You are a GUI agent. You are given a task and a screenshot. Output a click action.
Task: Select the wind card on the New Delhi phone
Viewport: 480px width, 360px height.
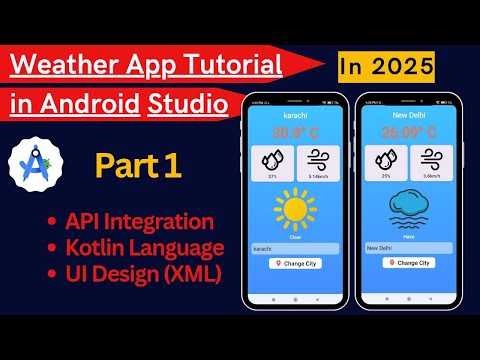(433, 161)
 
